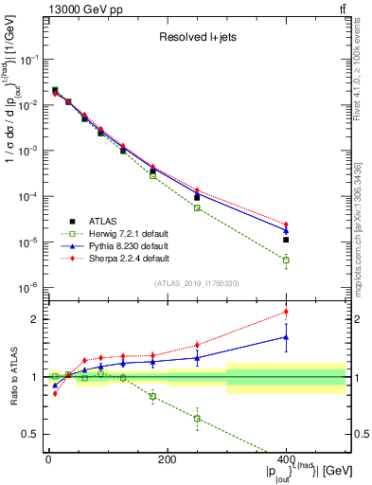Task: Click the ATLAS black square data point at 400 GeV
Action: point(286,240)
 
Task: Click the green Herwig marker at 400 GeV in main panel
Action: point(286,260)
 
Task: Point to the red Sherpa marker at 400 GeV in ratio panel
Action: point(286,312)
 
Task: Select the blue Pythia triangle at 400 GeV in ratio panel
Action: point(286,336)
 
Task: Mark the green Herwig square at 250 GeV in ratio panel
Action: point(197,418)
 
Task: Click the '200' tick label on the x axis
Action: point(167,459)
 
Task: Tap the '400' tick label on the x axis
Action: point(286,459)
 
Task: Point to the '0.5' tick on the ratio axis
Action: point(32,435)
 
